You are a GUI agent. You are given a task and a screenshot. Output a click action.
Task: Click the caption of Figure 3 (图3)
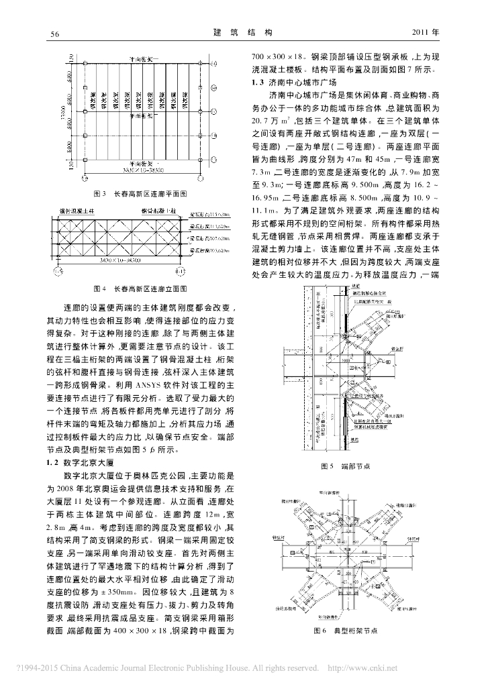(x=140, y=194)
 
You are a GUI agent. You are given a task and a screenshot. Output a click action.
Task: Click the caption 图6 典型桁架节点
(x=346, y=631)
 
